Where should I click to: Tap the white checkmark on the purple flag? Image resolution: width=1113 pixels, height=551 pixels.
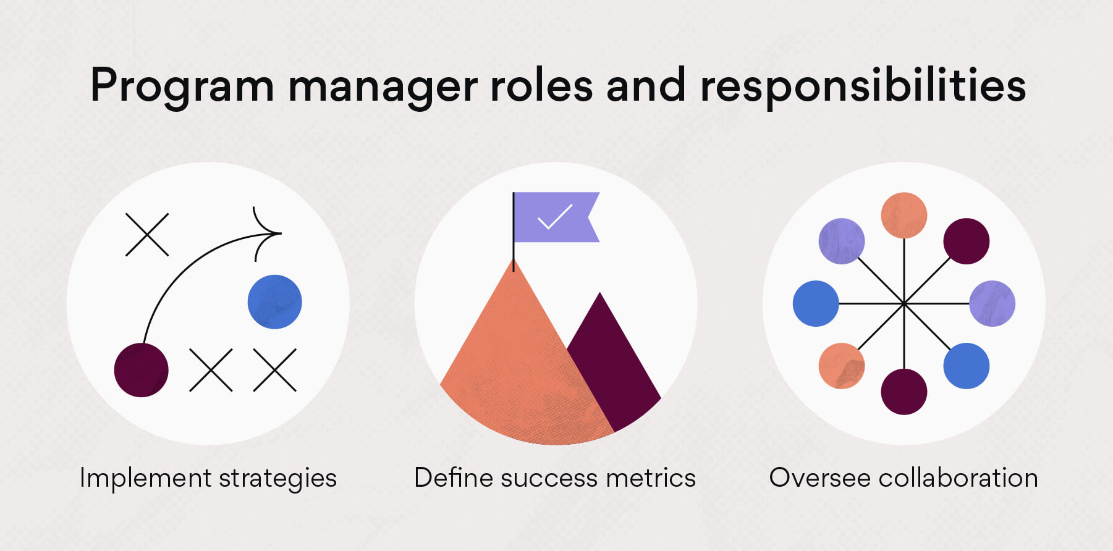[x=554, y=217]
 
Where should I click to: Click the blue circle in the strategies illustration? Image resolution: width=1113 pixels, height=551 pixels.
[x=274, y=302]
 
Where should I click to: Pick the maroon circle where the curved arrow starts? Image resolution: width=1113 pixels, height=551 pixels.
[x=142, y=370]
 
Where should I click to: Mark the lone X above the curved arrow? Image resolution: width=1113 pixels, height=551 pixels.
[x=147, y=235]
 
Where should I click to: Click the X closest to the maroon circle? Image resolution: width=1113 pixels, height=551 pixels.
[x=211, y=370]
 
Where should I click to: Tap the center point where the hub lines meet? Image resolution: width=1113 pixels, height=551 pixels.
[x=904, y=303]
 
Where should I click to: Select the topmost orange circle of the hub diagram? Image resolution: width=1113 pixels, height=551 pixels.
[x=904, y=215]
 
